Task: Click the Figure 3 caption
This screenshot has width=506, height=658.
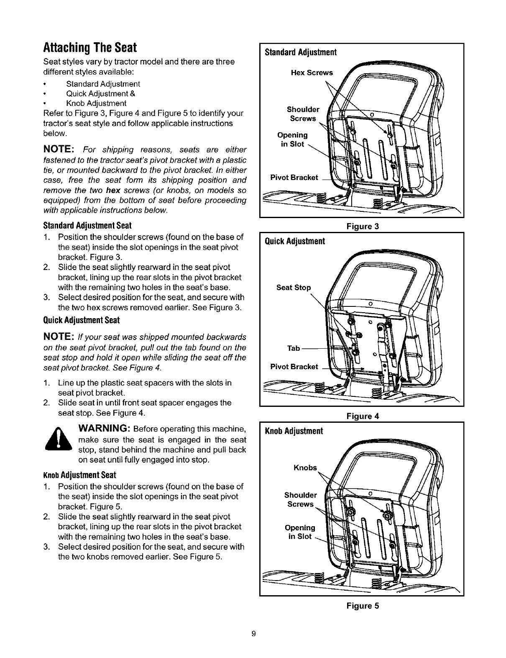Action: click(363, 226)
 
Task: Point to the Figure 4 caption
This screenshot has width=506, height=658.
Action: click(363, 416)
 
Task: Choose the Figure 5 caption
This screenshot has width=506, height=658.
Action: click(363, 606)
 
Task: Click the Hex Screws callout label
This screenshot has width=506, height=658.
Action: click(312, 73)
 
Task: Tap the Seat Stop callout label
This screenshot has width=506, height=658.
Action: click(294, 288)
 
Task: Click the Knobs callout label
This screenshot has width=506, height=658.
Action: click(306, 468)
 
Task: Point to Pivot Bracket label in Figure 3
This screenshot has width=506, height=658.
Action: click(294, 177)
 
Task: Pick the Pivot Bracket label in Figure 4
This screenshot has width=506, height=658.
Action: click(294, 367)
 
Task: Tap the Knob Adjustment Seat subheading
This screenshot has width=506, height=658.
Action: click(79, 476)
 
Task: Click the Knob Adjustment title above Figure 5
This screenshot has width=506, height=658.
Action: click(294, 431)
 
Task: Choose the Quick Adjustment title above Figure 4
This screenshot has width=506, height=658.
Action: click(295, 242)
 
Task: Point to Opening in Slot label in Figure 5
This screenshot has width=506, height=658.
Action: click(300, 532)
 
